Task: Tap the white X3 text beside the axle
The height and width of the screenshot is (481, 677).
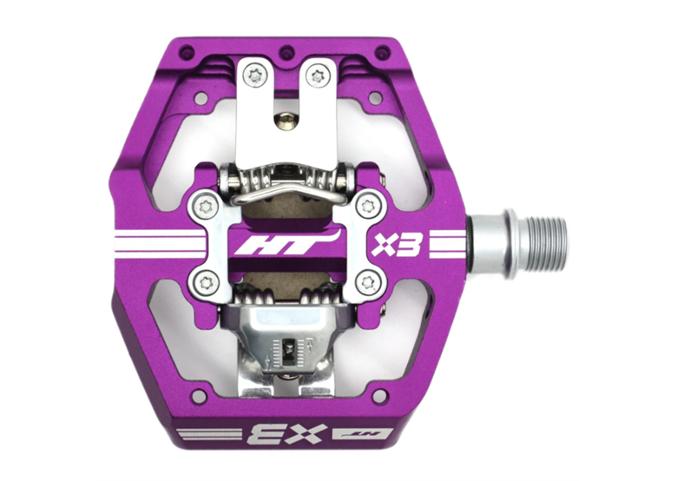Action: coord(397,245)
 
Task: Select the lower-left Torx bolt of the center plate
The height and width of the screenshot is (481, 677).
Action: coord(205,282)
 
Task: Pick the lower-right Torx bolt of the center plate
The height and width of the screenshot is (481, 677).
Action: coord(367,283)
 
